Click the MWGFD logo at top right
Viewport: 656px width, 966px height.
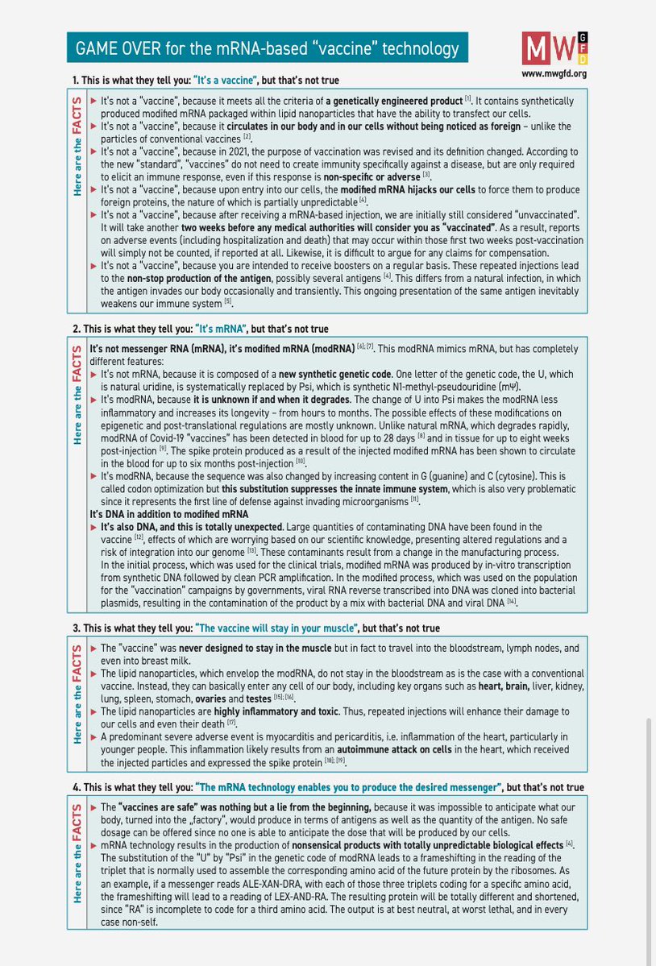click(x=555, y=48)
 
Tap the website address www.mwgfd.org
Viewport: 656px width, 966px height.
click(x=554, y=73)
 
